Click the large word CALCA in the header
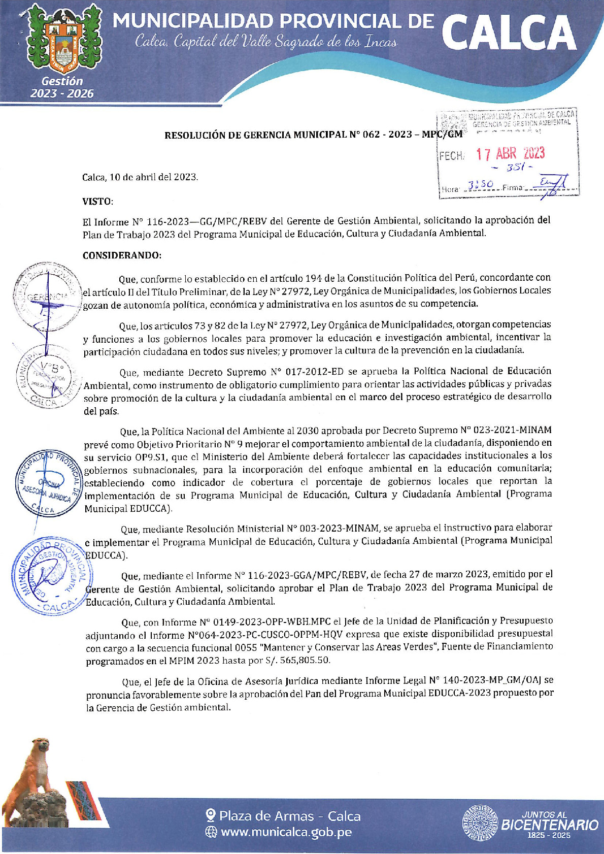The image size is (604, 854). click(x=509, y=34)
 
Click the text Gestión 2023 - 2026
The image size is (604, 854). click(x=62, y=87)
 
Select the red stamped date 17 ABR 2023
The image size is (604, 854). click(x=510, y=153)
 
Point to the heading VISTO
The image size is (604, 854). click(x=97, y=202)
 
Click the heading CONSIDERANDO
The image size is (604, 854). click(x=122, y=255)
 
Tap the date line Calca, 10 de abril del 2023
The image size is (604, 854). click(x=140, y=177)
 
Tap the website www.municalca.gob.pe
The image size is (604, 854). click(x=286, y=832)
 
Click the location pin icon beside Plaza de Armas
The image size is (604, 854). click(x=211, y=815)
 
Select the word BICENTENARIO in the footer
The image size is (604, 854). click(x=550, y=825)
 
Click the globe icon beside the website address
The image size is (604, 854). click(x=211, y=832)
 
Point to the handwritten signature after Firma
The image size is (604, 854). click(x=552, y=185)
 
